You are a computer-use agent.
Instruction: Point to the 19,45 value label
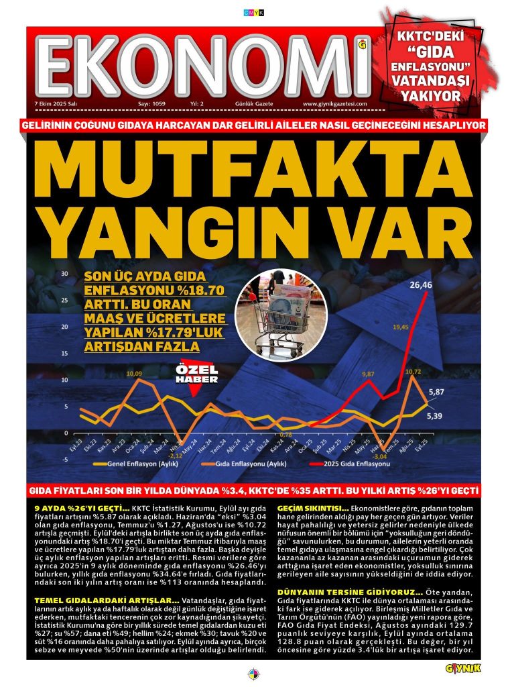(x=401, y=327)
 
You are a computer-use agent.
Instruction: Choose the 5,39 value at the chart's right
(x=436, y=416)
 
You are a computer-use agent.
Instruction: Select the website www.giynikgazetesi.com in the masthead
(x=335, y=104)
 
